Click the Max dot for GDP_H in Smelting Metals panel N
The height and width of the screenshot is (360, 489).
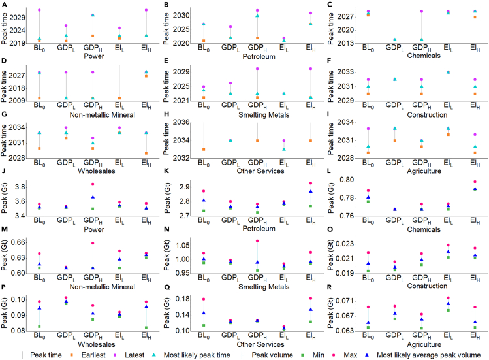(257, 241)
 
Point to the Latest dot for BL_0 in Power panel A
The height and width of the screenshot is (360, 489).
(40, 10)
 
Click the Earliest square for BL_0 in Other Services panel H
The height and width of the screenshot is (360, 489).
(204, 150)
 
